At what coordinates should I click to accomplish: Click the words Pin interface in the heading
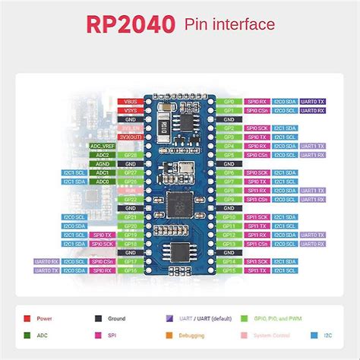tap(229, 25)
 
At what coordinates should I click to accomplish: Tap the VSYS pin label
tap(129, 110)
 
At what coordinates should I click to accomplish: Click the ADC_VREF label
tap(103, 145)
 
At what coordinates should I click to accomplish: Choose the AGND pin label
tap(103, 163)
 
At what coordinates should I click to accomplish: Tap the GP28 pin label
tap(129, 154)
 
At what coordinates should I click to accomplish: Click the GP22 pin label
tap(129, 199)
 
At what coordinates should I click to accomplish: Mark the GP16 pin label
tap(129, 270)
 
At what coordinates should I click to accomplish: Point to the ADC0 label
tap(103, 181)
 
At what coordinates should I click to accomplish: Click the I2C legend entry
tap(326, 335)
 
